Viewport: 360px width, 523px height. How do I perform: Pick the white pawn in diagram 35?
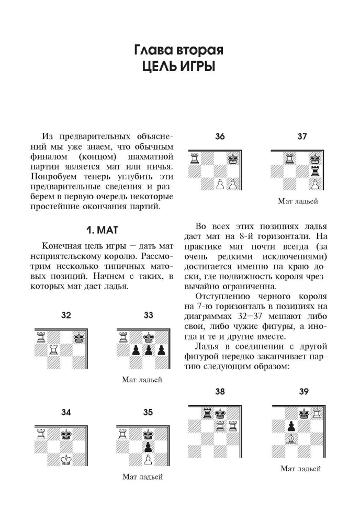(x=148, y=460)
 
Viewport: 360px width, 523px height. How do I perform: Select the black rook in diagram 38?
(x=207, y=414)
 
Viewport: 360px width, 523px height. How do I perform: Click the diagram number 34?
(x=65, y=412)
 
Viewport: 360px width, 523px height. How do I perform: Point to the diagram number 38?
(x=220, y=392)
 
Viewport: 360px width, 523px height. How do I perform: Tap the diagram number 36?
(x=220, y=137)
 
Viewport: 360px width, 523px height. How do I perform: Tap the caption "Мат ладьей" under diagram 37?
(x=298, y=201)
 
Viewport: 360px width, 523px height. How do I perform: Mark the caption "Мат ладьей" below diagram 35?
(x=142, y=477)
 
